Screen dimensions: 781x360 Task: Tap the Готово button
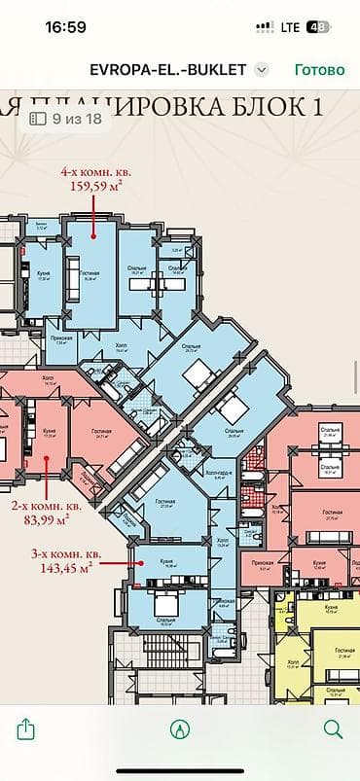pos(319,70)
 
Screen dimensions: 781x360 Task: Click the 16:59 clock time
pos(66,27)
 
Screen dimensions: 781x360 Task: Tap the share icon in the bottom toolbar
pos(26,728)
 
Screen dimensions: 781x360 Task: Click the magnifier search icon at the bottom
pos(333,728)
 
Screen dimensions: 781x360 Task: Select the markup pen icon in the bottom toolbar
pos(179,728)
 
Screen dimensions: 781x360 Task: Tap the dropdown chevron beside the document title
pos(261,70)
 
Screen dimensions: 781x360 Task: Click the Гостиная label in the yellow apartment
pos(342,653)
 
